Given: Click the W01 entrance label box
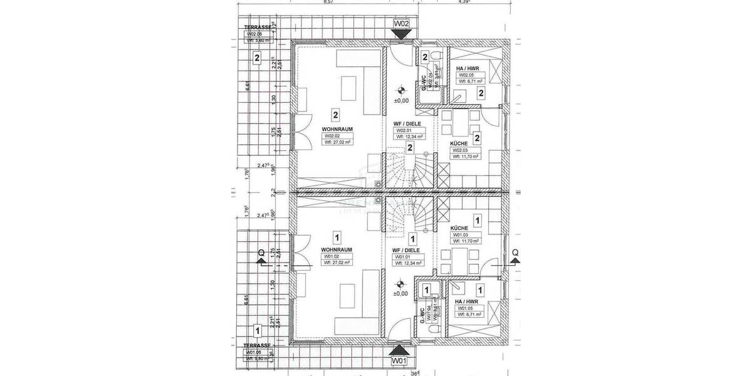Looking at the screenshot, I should click(400, 362).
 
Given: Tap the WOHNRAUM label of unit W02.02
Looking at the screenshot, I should click(335, 129).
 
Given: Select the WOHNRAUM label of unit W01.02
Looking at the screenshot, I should click(336, 249).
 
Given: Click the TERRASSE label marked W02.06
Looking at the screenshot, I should click(258, 28).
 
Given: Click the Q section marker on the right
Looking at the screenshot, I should click(514, 253).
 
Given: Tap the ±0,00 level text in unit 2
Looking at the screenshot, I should click(401, 100).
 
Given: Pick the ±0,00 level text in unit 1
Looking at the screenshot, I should click(401, 293).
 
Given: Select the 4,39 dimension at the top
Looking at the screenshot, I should click(464, 3).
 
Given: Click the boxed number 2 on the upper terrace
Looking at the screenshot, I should click(257, 59).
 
